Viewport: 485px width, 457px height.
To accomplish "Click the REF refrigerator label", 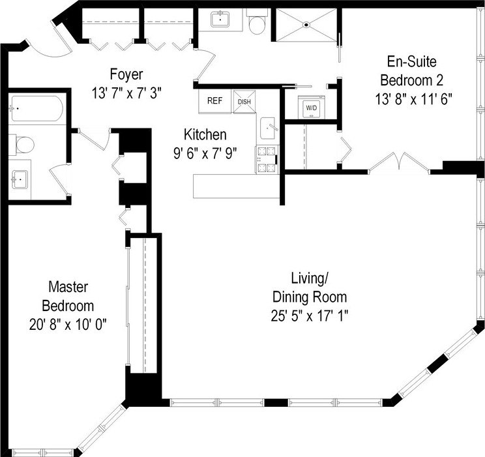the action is pos(214,100).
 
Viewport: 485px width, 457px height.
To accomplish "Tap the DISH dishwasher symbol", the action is pos(244,102).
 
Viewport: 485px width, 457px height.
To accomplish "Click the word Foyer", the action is pos(126,74).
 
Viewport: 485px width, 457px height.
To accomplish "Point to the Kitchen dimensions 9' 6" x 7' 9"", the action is pos(205,153).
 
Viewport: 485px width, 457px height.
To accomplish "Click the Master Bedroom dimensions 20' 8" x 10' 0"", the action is pos(68,325).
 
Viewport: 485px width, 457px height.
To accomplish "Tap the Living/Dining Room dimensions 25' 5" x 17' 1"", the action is pos(310,316).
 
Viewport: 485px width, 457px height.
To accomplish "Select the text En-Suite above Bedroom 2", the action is pos(412,61).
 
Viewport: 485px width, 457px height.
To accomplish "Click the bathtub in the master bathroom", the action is pos(37,109).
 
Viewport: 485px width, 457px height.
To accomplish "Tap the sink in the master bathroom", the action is pos(20,179).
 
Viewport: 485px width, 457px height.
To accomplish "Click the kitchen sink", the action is pos(268,128).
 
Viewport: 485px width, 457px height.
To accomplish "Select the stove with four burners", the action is pos(267,159).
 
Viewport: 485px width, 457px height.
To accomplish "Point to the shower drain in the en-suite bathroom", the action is pos(306,24).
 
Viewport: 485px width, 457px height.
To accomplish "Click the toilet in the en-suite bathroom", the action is pos(257,22).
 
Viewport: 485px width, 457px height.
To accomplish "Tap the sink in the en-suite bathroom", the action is pos(220,19).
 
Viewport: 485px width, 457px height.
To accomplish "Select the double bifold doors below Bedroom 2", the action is pos(400,162).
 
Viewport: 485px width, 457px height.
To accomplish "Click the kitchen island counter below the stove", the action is pos(237,186).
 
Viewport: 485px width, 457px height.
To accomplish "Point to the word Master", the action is pos(68,287).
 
